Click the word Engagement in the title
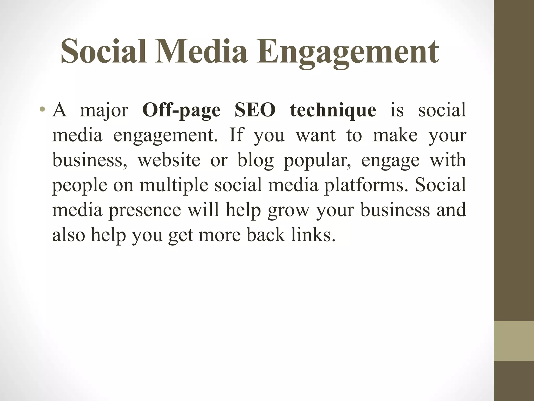pos(347,52)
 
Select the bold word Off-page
pos(181,110)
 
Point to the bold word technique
pos(333,110)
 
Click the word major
pos(104,111)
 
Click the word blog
pos(255,160)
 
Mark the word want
pos(315,135)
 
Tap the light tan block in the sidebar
pos(514,340)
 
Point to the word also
pos(69,235)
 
